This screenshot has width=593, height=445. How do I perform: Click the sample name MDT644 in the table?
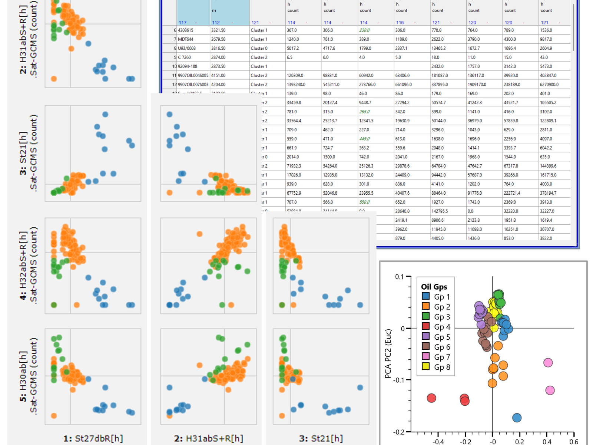tap(186, 39)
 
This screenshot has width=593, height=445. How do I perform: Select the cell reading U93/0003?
tap(187, 48)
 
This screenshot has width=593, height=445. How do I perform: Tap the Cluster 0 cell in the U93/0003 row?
tap(259, 48)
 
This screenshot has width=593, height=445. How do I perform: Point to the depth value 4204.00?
tap(218, 85)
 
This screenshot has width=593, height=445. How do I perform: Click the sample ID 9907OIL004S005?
tap(193, 76)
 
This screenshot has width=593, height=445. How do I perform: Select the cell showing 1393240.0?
tap(296, 85)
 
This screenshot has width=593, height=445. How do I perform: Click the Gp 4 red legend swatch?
tap(426, 326)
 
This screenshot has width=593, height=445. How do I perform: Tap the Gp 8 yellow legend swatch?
tap(426, 366)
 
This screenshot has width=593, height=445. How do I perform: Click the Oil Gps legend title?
tap(434, 287)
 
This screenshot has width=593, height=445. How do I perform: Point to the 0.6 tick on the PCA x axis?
tap(574, 442)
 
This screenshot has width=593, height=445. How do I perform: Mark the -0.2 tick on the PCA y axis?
tap(399, 432)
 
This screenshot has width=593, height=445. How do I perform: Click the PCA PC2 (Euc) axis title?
tap(388, 354)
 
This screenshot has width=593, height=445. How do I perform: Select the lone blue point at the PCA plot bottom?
tap(517, 418)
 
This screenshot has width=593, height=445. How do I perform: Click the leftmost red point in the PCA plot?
tap(431, 398)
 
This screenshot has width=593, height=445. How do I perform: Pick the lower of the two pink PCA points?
tap(550, 390)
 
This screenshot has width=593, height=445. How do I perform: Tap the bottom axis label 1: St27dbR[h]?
tap(93, 438)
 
